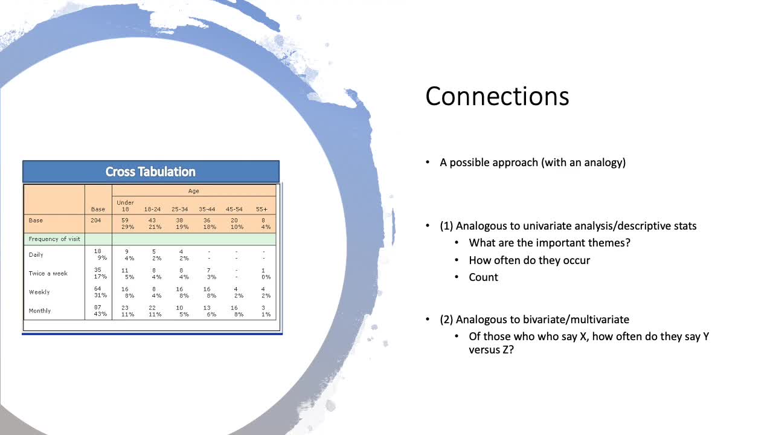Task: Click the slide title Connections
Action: pyautogui.click(x=497, y=96)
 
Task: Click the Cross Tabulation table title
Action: pyautogui.click(x=150, y=172)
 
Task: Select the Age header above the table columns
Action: pyautogui.click(x=194, y=191)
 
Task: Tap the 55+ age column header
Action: pyautogui.click(x=261, y=209)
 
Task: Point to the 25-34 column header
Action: pyautogui.click(x=180, y=209)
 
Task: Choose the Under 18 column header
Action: pyautogui.click(x=125, y=206)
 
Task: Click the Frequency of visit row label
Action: pyautogui.click(x=54, y=239)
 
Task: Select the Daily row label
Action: pyautogui.click(x=36, y=255)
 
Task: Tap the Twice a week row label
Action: pyautogui.click(x=48, y=274)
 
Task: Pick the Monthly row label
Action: pyautogui.click(x=40, y=311)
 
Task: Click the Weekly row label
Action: pyautogui.click(x=39, y=292)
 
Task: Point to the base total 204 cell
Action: pyautogui.click(x=95, y=221)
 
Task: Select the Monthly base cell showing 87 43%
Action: pyautogui.click(x=100, y=311)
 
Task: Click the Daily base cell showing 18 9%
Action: pyautogui.click(x=100, y=254)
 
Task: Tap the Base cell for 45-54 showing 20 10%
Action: pyautogui.click(x=237, y=224)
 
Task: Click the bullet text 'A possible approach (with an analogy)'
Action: pyautogui.click(x=533, y=163)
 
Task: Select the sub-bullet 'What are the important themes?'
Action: pyautogui.click(x=550, y=243)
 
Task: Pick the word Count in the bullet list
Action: pyautogui.click(x=483, y=277)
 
